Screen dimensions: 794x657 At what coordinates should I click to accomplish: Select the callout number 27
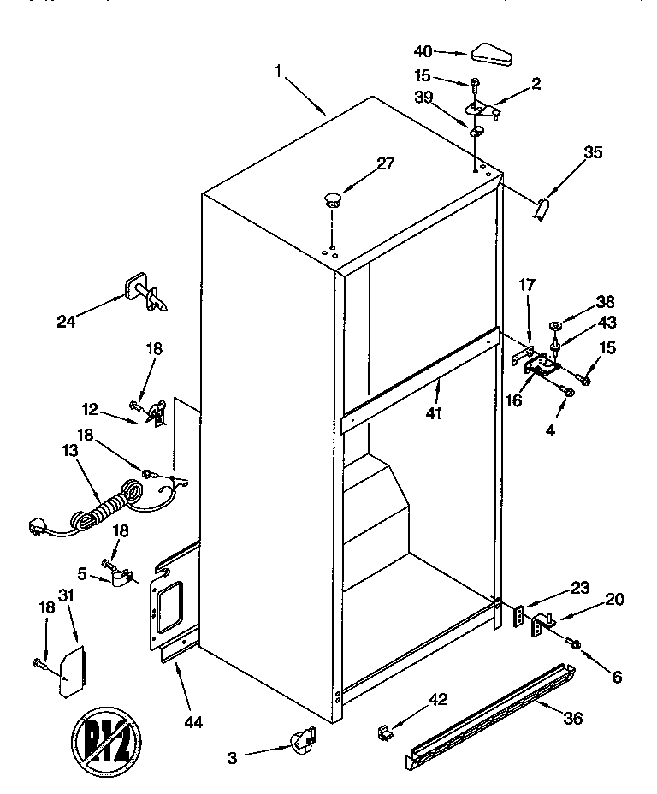pos(386,163)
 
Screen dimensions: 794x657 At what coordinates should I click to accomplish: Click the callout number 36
pos(572,718)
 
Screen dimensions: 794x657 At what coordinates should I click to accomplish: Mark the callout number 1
pos(278,72)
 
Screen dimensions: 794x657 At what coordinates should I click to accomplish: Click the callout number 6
pos(617,676)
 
